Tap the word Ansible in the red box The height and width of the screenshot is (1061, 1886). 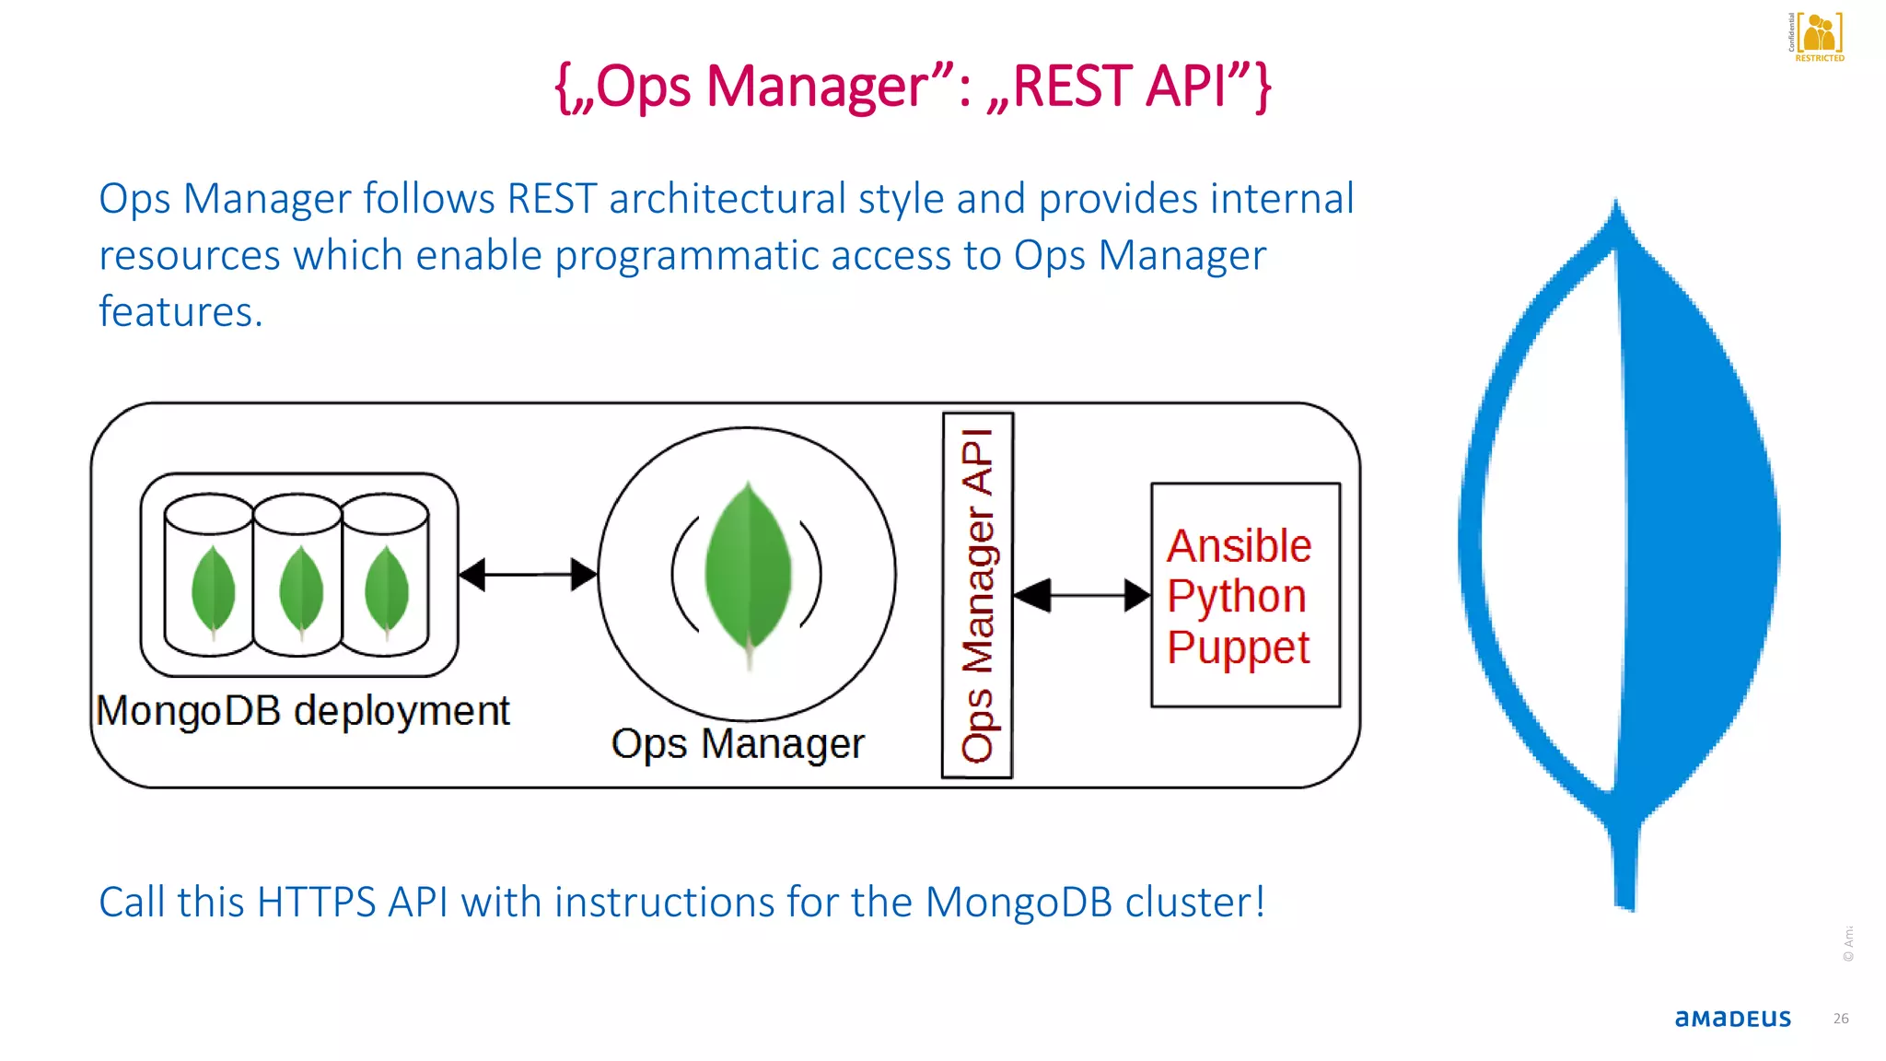pos(1239,546)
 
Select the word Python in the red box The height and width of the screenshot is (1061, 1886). pos(1236,596)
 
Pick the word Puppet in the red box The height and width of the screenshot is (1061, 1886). pos(1238,647)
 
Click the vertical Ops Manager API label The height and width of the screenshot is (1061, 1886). pos(977,595)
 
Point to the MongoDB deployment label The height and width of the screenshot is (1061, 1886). pos(302,711)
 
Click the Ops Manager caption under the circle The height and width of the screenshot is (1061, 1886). pos(738,743)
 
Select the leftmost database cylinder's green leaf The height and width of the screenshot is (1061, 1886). pos(213,589)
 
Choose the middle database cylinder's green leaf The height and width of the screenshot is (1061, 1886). pos(300,589)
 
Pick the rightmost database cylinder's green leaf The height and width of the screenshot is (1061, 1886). pos(386,589)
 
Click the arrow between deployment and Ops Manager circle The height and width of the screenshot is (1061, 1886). pos(528,575)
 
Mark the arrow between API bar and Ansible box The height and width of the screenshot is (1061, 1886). pos(1082,596)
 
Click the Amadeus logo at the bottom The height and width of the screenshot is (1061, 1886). pos(1732,1019)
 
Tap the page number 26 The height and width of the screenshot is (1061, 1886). pos(1840,1019)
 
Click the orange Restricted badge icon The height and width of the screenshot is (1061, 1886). pos(1819,35)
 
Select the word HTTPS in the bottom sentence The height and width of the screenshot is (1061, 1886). pos(316,903)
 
